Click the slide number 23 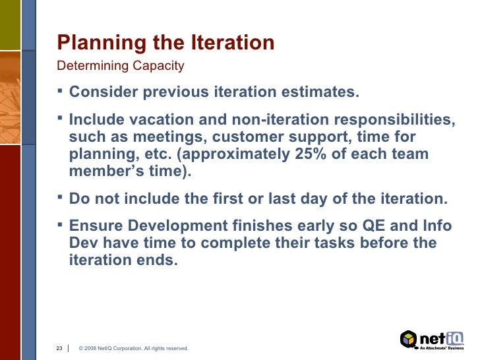[59, 347]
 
